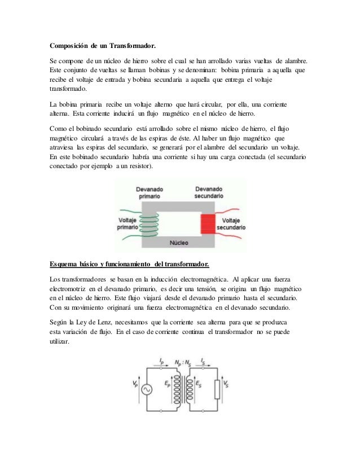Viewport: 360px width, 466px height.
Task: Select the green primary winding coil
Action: (148, 221)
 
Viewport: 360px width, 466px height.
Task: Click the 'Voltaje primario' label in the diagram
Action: (128, 223)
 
